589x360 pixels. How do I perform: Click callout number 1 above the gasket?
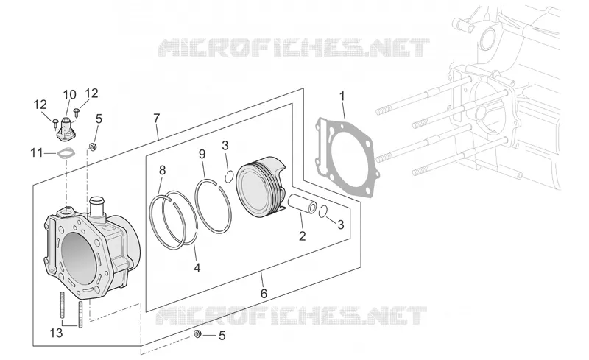pos(342,96)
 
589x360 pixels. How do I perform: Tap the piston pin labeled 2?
pos(303,204)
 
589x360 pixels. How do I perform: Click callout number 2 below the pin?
pos(303,236)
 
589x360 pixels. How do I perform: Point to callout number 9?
pos(202,154)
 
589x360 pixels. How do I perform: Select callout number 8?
pos(162,170)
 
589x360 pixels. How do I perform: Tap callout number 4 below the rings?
pos(197,268)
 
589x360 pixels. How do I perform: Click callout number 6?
pos(264,294)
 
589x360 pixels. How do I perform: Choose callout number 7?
pos(157,118)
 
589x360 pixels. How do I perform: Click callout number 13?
pos(57,333)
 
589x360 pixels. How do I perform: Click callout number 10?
pos(69,94)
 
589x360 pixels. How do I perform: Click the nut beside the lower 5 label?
pos(197,333)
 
